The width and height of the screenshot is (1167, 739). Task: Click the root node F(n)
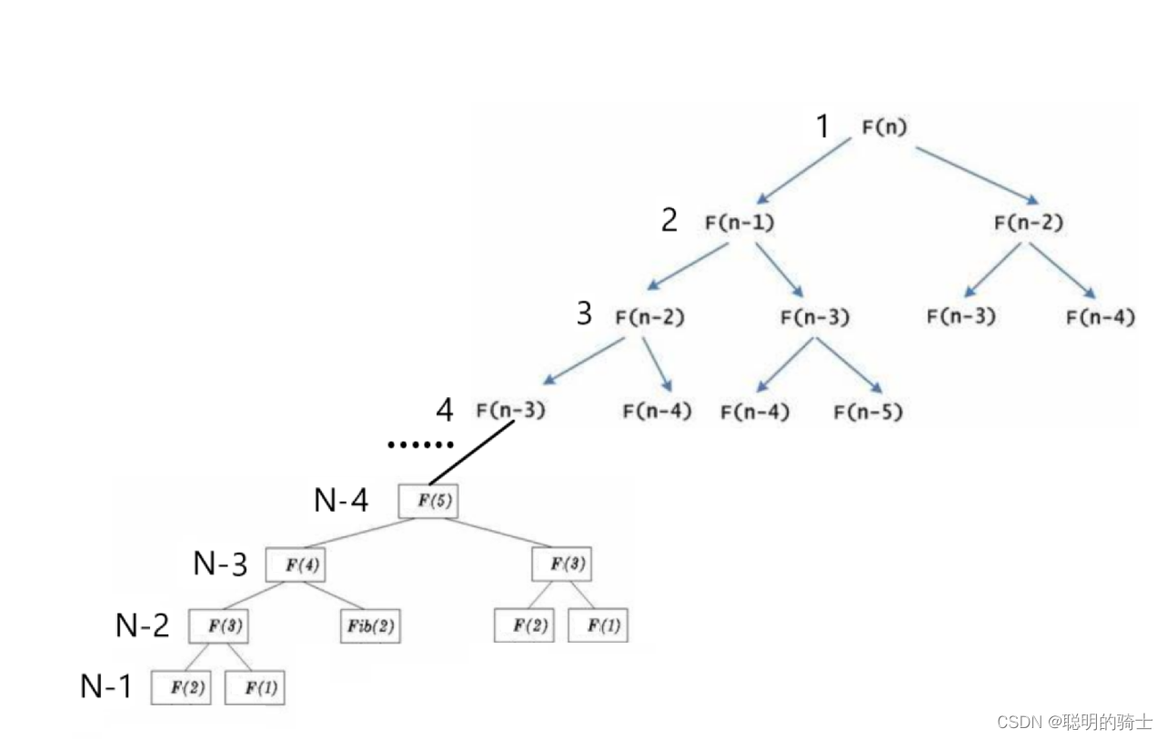click(884, 127)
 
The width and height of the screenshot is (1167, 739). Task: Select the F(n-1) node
click(739, 222)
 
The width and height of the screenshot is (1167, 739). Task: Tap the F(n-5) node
click(868, 412)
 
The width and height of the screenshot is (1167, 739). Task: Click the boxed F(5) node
click(428, 501)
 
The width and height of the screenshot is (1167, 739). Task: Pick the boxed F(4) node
click(296, 564)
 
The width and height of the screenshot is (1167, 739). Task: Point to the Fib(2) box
click(370, 627)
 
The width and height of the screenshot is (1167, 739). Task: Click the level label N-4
click(341, 500)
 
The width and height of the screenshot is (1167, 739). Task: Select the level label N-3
click(220, 564)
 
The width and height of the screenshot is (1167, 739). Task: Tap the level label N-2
click(143, 625)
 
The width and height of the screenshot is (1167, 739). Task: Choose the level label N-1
click(107, 687)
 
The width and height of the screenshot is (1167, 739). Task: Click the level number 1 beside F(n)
click(822, 127)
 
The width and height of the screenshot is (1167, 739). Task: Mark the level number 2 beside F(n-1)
click(669, 220)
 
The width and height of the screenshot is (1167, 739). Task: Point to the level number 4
click(444, 410)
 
